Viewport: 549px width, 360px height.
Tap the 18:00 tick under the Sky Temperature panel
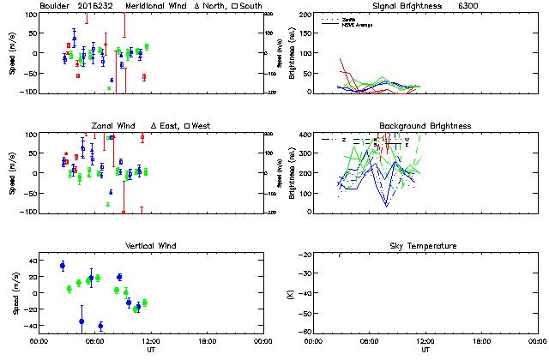click(481, 340)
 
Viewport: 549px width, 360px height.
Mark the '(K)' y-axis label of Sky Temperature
click(289, 293)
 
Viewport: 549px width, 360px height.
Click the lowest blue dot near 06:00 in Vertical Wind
click(100, 326)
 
